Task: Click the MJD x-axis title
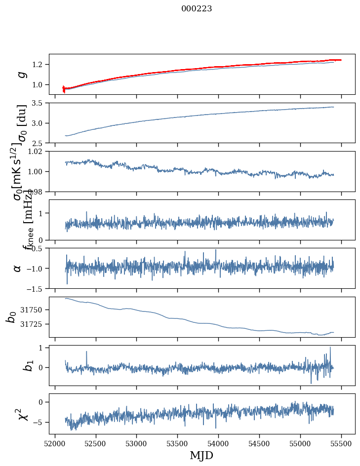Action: [x=201, y=455]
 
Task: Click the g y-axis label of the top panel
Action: [x=21, y=75]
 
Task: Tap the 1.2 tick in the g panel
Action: [x=40, y=65]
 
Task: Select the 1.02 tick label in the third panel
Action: [x=38, y=152]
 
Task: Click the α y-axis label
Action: [x=18, y=268]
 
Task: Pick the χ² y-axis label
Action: [x=20, y=414]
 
